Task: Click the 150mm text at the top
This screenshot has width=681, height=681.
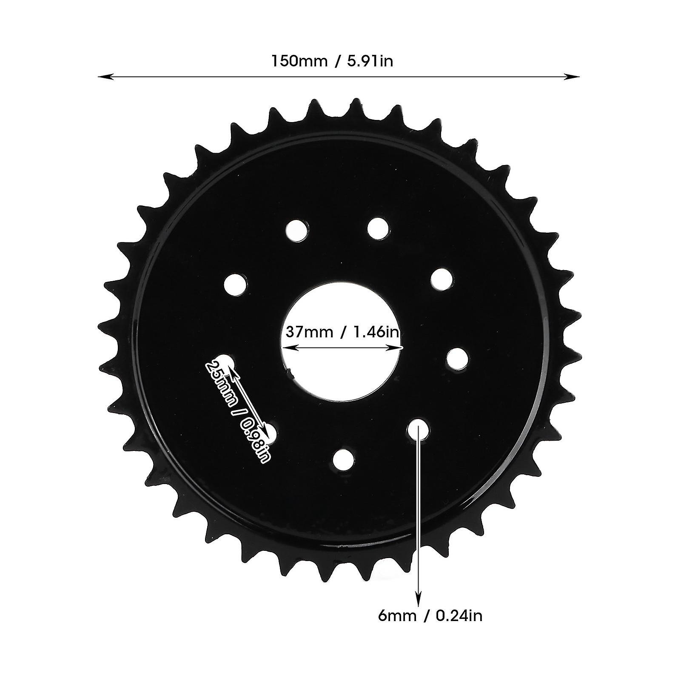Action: (299, 61)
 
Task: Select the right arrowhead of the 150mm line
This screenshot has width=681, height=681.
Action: (572, 77)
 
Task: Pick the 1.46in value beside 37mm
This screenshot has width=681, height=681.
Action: (375, 331)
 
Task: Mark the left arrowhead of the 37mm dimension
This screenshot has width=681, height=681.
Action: (289, 348)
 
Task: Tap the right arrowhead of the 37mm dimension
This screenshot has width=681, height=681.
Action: (396, 348)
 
